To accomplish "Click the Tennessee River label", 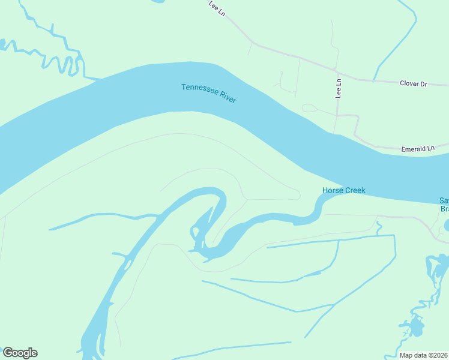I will coord(209,93).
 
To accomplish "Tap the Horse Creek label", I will coord(344,191).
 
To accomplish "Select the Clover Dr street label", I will coord(413,83).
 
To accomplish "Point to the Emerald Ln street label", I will coord(417,148).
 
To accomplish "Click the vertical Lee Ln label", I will coord(339,89).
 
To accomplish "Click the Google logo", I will coord(20,353).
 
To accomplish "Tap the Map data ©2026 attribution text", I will coord(424,355).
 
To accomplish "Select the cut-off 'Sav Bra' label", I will coord(444,205).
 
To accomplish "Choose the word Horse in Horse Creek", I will coord(333,191).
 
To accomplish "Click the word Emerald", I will coord(413,148).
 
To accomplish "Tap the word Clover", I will coord(409,83).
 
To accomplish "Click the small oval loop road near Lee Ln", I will coord(310,109).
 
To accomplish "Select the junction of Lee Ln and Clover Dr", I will coord(337,70).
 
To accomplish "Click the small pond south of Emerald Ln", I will coord(445,226).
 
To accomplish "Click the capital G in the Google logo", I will coord(8,353).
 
